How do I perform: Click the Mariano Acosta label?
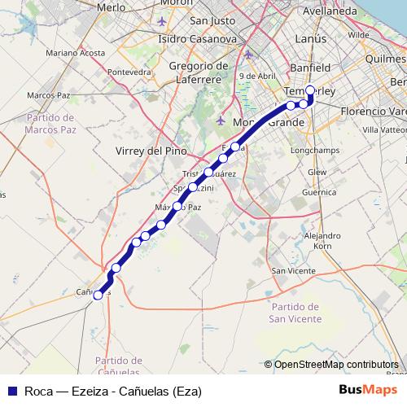click(x=76, y=53)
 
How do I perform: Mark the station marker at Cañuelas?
click(x=98, y=295)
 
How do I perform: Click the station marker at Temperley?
click(x=310, y=90)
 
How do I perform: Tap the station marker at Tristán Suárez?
click(x=208, y=173)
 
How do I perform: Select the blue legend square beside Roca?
click(x=11, y=390)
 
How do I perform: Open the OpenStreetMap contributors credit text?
click(x=331, y=365)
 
